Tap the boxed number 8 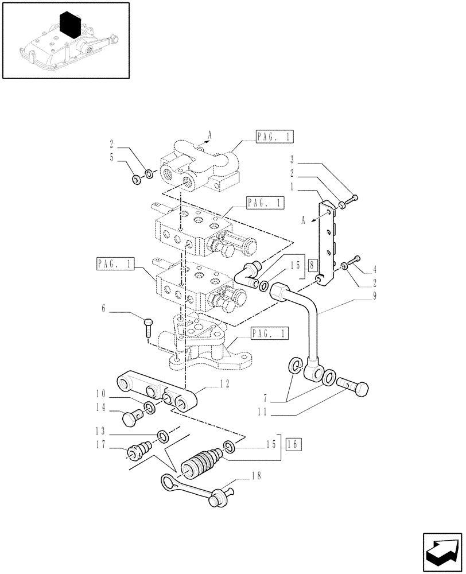click(311, 265)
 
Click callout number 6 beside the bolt click(104, 309)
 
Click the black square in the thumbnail click(71, 25)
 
